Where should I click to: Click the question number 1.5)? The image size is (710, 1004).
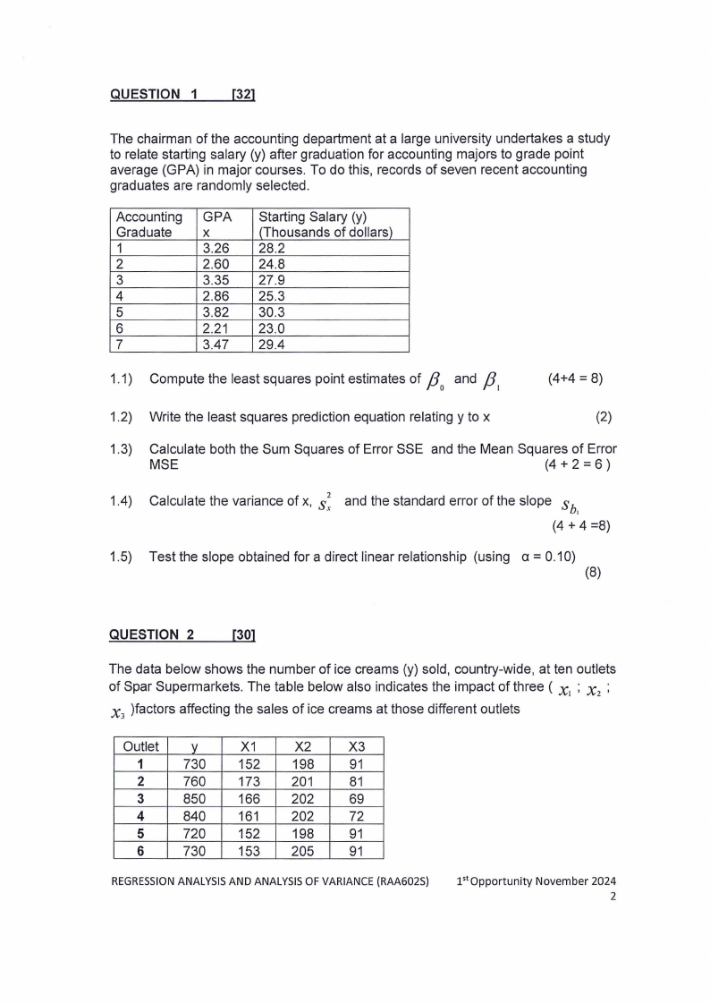(121, 557)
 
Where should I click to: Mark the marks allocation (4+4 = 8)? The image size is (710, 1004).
(574, 379)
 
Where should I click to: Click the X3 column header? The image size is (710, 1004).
(357, 746)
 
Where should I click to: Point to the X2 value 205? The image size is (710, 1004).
(303, 851)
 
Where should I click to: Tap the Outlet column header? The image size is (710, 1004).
(140, 746)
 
